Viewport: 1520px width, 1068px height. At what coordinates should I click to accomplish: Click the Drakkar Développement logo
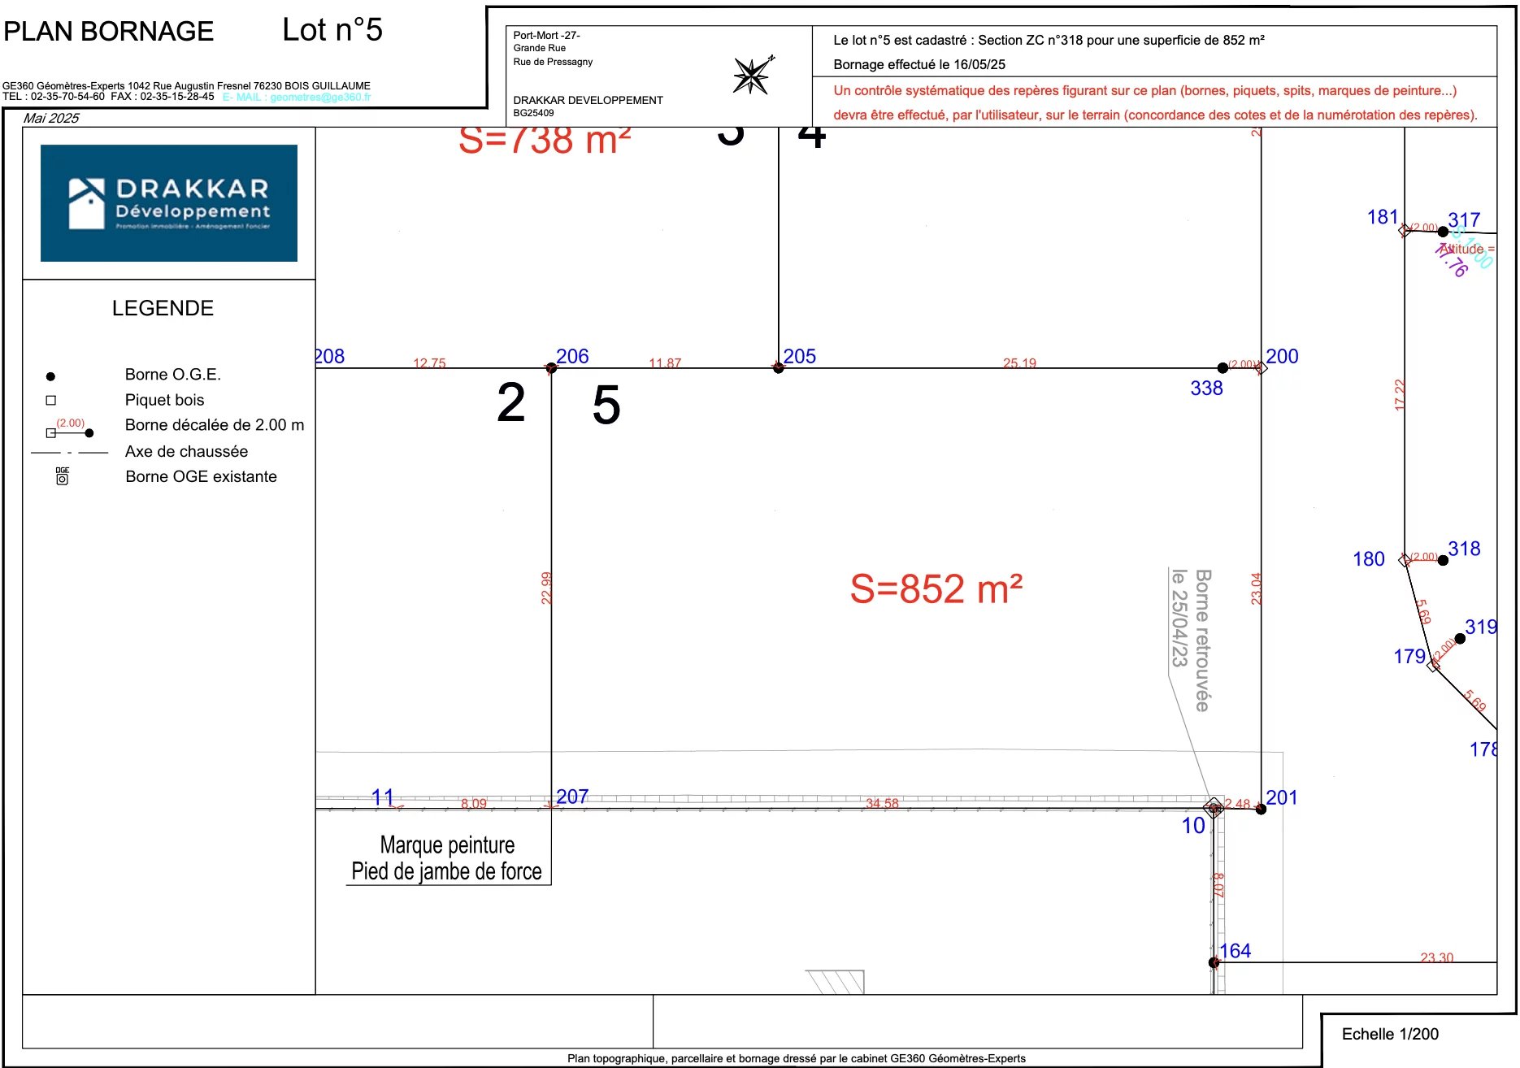pyautogui.click(x=169, y=203)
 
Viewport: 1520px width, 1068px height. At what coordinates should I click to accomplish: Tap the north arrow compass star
pyautogui.click(x=751, y=76)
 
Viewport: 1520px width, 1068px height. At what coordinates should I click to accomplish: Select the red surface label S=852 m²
pyautogui.click(x=936, y=589)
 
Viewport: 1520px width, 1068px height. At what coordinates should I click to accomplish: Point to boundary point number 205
pyautogui.click(x=779, y=368)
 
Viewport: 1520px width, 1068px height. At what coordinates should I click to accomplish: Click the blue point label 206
pyautogui.click(x=572, y=356)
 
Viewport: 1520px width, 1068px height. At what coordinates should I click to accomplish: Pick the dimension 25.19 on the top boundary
pyautogui.click(x=1019, y=363)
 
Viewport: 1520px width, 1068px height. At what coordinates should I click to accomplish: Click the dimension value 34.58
pyautogui.click(x=882, y=803)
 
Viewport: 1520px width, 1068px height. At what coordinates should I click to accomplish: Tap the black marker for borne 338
pyautogui.click(x=1223, y=368)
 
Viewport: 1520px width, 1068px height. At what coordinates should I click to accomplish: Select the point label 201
pyautogui.click(x=1281, y=797)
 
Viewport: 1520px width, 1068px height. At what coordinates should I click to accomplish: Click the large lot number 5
pyautogui.click(x=606, y=405)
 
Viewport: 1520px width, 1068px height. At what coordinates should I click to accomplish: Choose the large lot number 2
pyautogui.click(x=511, y=402)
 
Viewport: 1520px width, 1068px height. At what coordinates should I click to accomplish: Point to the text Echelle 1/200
pyautogui.click(x=1390, y=1034)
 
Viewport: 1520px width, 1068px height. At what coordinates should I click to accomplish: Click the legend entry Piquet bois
pyautogui.click(x=164, y=400)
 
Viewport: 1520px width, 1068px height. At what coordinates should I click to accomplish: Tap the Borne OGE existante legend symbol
pyautogui.click(x=62, y=477)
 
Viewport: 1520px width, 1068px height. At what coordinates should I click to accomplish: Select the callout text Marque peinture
pyautogui.click(x=447, y=845)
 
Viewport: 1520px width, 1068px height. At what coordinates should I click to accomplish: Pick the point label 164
pyautogui.click(x=1235, y=950)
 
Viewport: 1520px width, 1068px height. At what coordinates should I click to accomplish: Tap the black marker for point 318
pyautogui.click(x=1443, y=560)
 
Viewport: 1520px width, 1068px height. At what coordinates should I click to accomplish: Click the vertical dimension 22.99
pyautogui.click(x=546, y=588)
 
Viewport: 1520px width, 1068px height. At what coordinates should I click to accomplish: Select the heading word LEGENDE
pyautogui.click(x=163, y=308)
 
